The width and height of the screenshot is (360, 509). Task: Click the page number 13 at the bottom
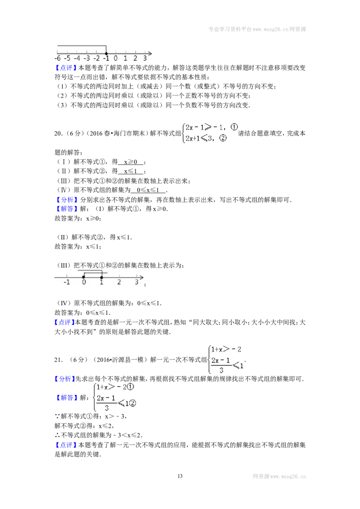click(x=180, y=476)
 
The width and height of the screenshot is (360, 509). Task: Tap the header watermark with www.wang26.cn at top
click(x=257, y=29)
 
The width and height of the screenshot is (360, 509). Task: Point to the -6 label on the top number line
click(x=58, y=58)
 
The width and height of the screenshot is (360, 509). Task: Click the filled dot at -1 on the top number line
click(x=106, y=54)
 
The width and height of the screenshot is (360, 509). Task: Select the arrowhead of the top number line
click(x=150, y=54)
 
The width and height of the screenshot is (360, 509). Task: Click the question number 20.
click(x=58, y=134)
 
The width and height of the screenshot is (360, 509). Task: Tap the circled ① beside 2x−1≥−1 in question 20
click(x=234, y=127)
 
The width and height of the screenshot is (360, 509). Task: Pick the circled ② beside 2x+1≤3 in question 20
click(x=223, y=138)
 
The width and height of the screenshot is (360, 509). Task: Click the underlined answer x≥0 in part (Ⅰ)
click(x=130, y=162)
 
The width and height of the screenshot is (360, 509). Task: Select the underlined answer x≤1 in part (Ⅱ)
click(x=130, y=171)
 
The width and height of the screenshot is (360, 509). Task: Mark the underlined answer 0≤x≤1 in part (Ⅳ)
click(x=148, y=190)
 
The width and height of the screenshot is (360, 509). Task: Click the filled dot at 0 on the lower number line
click(x=84, y=277)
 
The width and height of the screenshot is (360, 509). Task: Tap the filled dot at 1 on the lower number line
click(x=101, y=277)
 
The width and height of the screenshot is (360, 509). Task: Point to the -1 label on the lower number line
click(x=67, y=282)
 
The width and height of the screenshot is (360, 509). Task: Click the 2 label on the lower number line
click(x=119, y=282)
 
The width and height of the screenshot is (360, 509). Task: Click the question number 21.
click(x=58, y=360)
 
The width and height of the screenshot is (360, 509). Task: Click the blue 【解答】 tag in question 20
click(x=66, y=209)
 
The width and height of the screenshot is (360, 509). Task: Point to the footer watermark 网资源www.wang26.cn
click(x=279, y=477)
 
